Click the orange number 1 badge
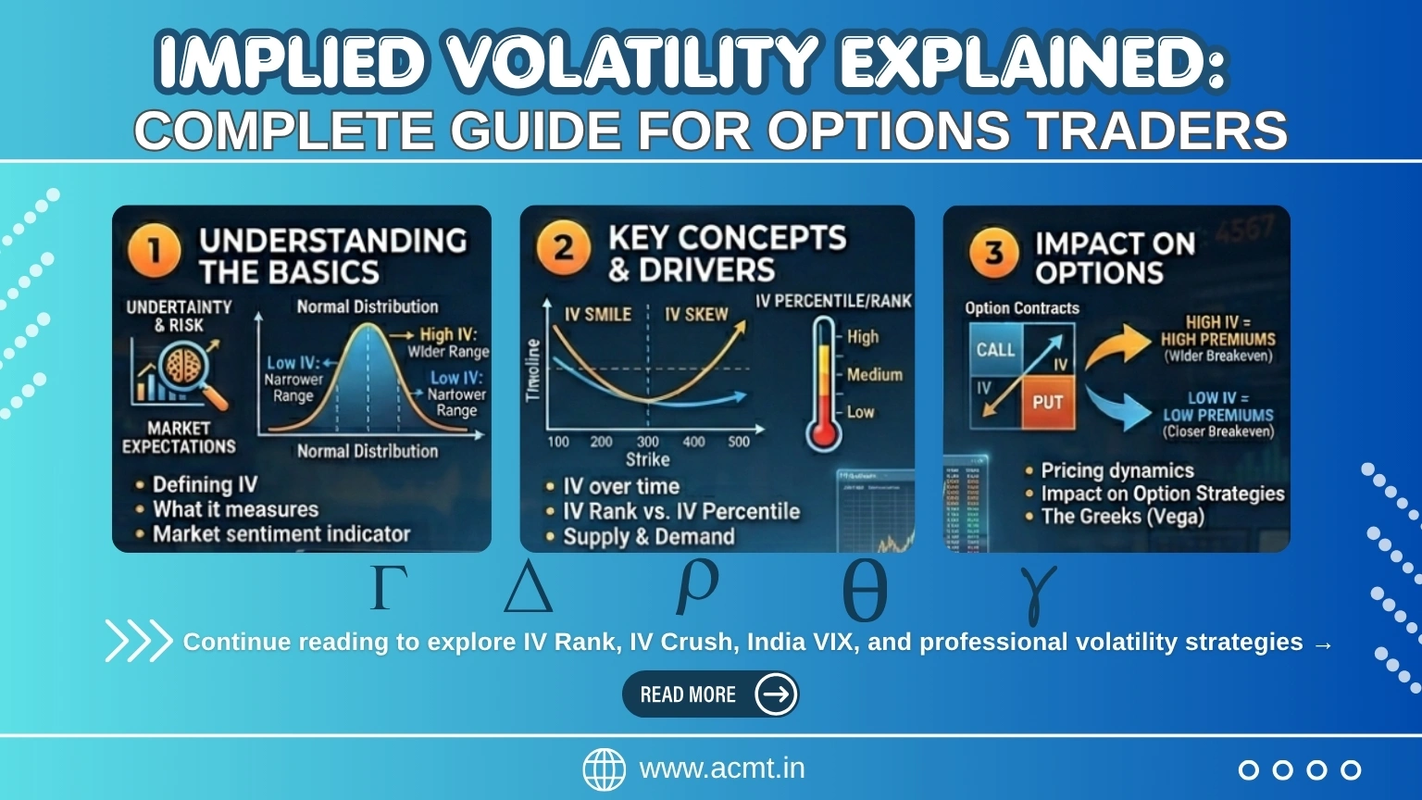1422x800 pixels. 155,252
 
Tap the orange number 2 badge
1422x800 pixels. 563,249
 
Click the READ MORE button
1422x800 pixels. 710,694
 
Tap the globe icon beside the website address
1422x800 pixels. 604,769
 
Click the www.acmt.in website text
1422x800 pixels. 721,769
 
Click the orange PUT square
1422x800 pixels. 1047,403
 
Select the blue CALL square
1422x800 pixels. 995,350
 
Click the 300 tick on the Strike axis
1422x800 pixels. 647,442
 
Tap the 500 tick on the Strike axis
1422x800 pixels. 738,442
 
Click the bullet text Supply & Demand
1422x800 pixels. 648,537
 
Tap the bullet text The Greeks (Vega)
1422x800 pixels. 1122,517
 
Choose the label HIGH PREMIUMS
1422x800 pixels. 1217,339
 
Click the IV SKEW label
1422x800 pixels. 696,315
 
